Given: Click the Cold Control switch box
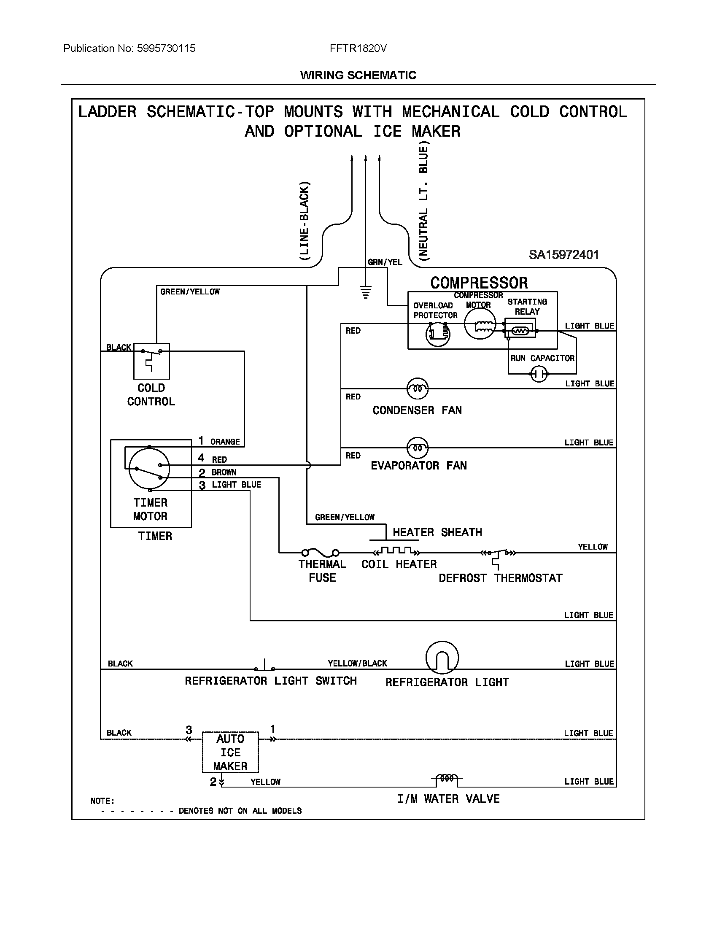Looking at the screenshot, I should (x=151, y=361).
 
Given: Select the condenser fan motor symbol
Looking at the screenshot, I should (x=418, y=388).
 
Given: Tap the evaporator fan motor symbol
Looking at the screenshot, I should (x=418, y=448).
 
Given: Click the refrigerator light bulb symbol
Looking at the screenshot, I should (x=442, y=657).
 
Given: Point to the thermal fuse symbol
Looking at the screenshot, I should (x=320, y=553).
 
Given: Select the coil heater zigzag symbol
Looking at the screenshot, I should (x=396, y=551).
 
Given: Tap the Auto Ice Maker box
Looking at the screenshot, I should (x=230, y=752).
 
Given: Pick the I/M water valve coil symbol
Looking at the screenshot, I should (x=447, y=779).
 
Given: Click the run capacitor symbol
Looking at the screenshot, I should (x=539, y=374).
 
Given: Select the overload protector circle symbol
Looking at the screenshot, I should (x=437, y=334).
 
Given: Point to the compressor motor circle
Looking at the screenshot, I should (x=480, y=324).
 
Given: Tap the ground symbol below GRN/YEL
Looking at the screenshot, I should (x=365, y=292).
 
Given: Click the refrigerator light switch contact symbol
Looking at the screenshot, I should (x=264, y=666).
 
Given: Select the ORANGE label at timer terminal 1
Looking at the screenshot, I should (x=225, y=442).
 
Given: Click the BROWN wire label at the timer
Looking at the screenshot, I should (x=224, y=472).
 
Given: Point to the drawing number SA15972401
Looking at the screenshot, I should (x=563, y=255).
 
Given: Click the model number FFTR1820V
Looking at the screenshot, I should (x=358, y=49).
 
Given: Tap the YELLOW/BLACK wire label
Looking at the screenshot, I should (x=357, y=663).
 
